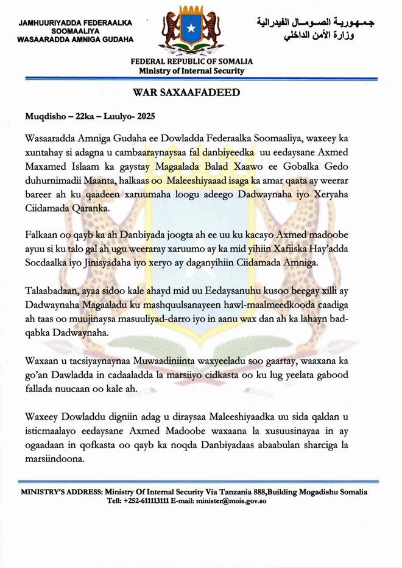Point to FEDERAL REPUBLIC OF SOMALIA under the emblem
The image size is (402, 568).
tap(192, 61)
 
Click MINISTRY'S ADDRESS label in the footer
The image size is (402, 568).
tap(62, 492)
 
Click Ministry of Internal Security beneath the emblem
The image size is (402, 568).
tap(192, 71)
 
